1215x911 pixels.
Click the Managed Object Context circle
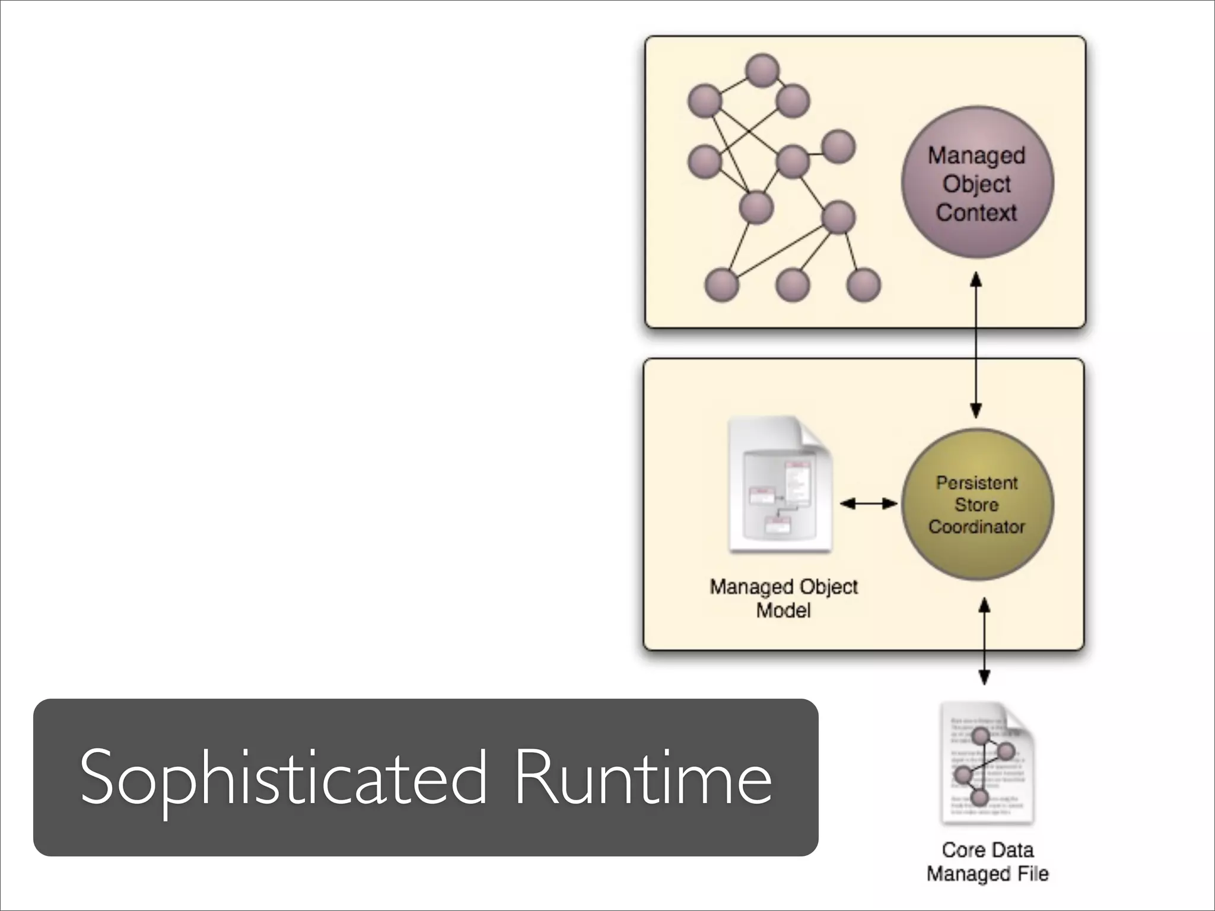tap(977, 182)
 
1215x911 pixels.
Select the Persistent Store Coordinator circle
tap(977, 505)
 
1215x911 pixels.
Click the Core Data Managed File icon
tap(987, 764)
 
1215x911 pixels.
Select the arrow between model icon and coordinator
tap(869, 504)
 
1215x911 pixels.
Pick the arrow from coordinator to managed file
tap(984, 641)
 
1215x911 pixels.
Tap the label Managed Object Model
tap(783, 598)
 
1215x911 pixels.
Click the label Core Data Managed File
tap(987, 862)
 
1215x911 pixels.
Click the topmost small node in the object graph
tap(762, 71)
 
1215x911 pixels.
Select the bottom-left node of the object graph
tap(721, 285)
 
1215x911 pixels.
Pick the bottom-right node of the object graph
tap(863, 285)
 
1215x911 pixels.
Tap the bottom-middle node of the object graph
tap(793, 285)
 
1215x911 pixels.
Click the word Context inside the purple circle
tap(977, 212)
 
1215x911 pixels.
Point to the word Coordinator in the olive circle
tap(977, 527)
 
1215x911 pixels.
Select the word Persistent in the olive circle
tap(977, 483)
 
